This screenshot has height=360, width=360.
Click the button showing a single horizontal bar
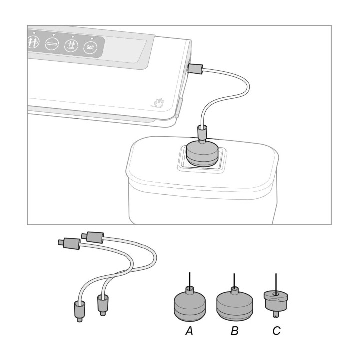[x=52, y=44]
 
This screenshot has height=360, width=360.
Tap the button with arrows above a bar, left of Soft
[x=71, y=45]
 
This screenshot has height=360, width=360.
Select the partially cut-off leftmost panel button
[x=33, y=42]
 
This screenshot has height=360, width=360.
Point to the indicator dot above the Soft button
[x=92, y=39]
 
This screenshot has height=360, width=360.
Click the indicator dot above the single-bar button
[x=54, y=35]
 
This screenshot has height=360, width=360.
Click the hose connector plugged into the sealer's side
[x=195, y=68]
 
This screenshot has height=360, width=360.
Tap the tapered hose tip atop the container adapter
[x=202, y=134]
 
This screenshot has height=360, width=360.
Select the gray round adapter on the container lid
[x=202, y=153]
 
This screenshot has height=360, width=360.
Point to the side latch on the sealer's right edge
[x=179, y=108]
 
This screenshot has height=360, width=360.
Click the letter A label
[x=189, y=331]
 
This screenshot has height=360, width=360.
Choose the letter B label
[x=234, y=331]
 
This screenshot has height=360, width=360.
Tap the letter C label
[x=276, y=331]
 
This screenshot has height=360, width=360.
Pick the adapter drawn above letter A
[x=190, y=303]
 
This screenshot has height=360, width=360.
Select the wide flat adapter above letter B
[x=234, y=304]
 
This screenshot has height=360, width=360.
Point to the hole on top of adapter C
[x=276, y=293]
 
